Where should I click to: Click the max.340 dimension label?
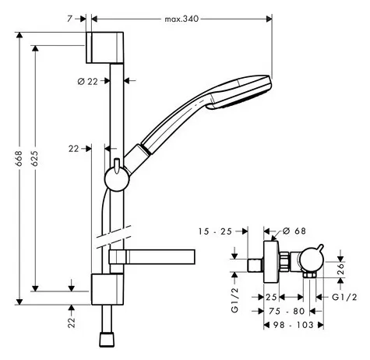click(x=181, y=19)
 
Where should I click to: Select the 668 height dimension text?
click(x=19, y=158)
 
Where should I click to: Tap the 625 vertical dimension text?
click(x=34, y=158)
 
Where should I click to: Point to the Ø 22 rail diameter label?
click(x=88, y=82)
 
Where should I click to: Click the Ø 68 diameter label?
click(x=294, y=231)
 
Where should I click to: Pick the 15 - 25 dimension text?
click(x=215, y=231)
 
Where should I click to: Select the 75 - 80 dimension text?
click(x=287, y=311)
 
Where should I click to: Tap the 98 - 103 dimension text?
click(x=294, y=325)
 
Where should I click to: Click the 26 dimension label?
click(x=340, y=269)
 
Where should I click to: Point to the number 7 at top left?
click(x=69, y=19)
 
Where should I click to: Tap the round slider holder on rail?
click(x=117, y=179)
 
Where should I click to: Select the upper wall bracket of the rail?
click(x=105, y=48)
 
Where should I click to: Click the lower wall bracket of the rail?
click(x=107, y=289)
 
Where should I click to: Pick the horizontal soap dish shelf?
click(x=152, y=257)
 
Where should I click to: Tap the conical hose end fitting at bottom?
click(x=107, y=339)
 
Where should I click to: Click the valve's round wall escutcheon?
click(x=271, y=262)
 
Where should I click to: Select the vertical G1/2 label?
click(x=234, y=300)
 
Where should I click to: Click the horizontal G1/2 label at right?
click(x=344, y=297)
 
